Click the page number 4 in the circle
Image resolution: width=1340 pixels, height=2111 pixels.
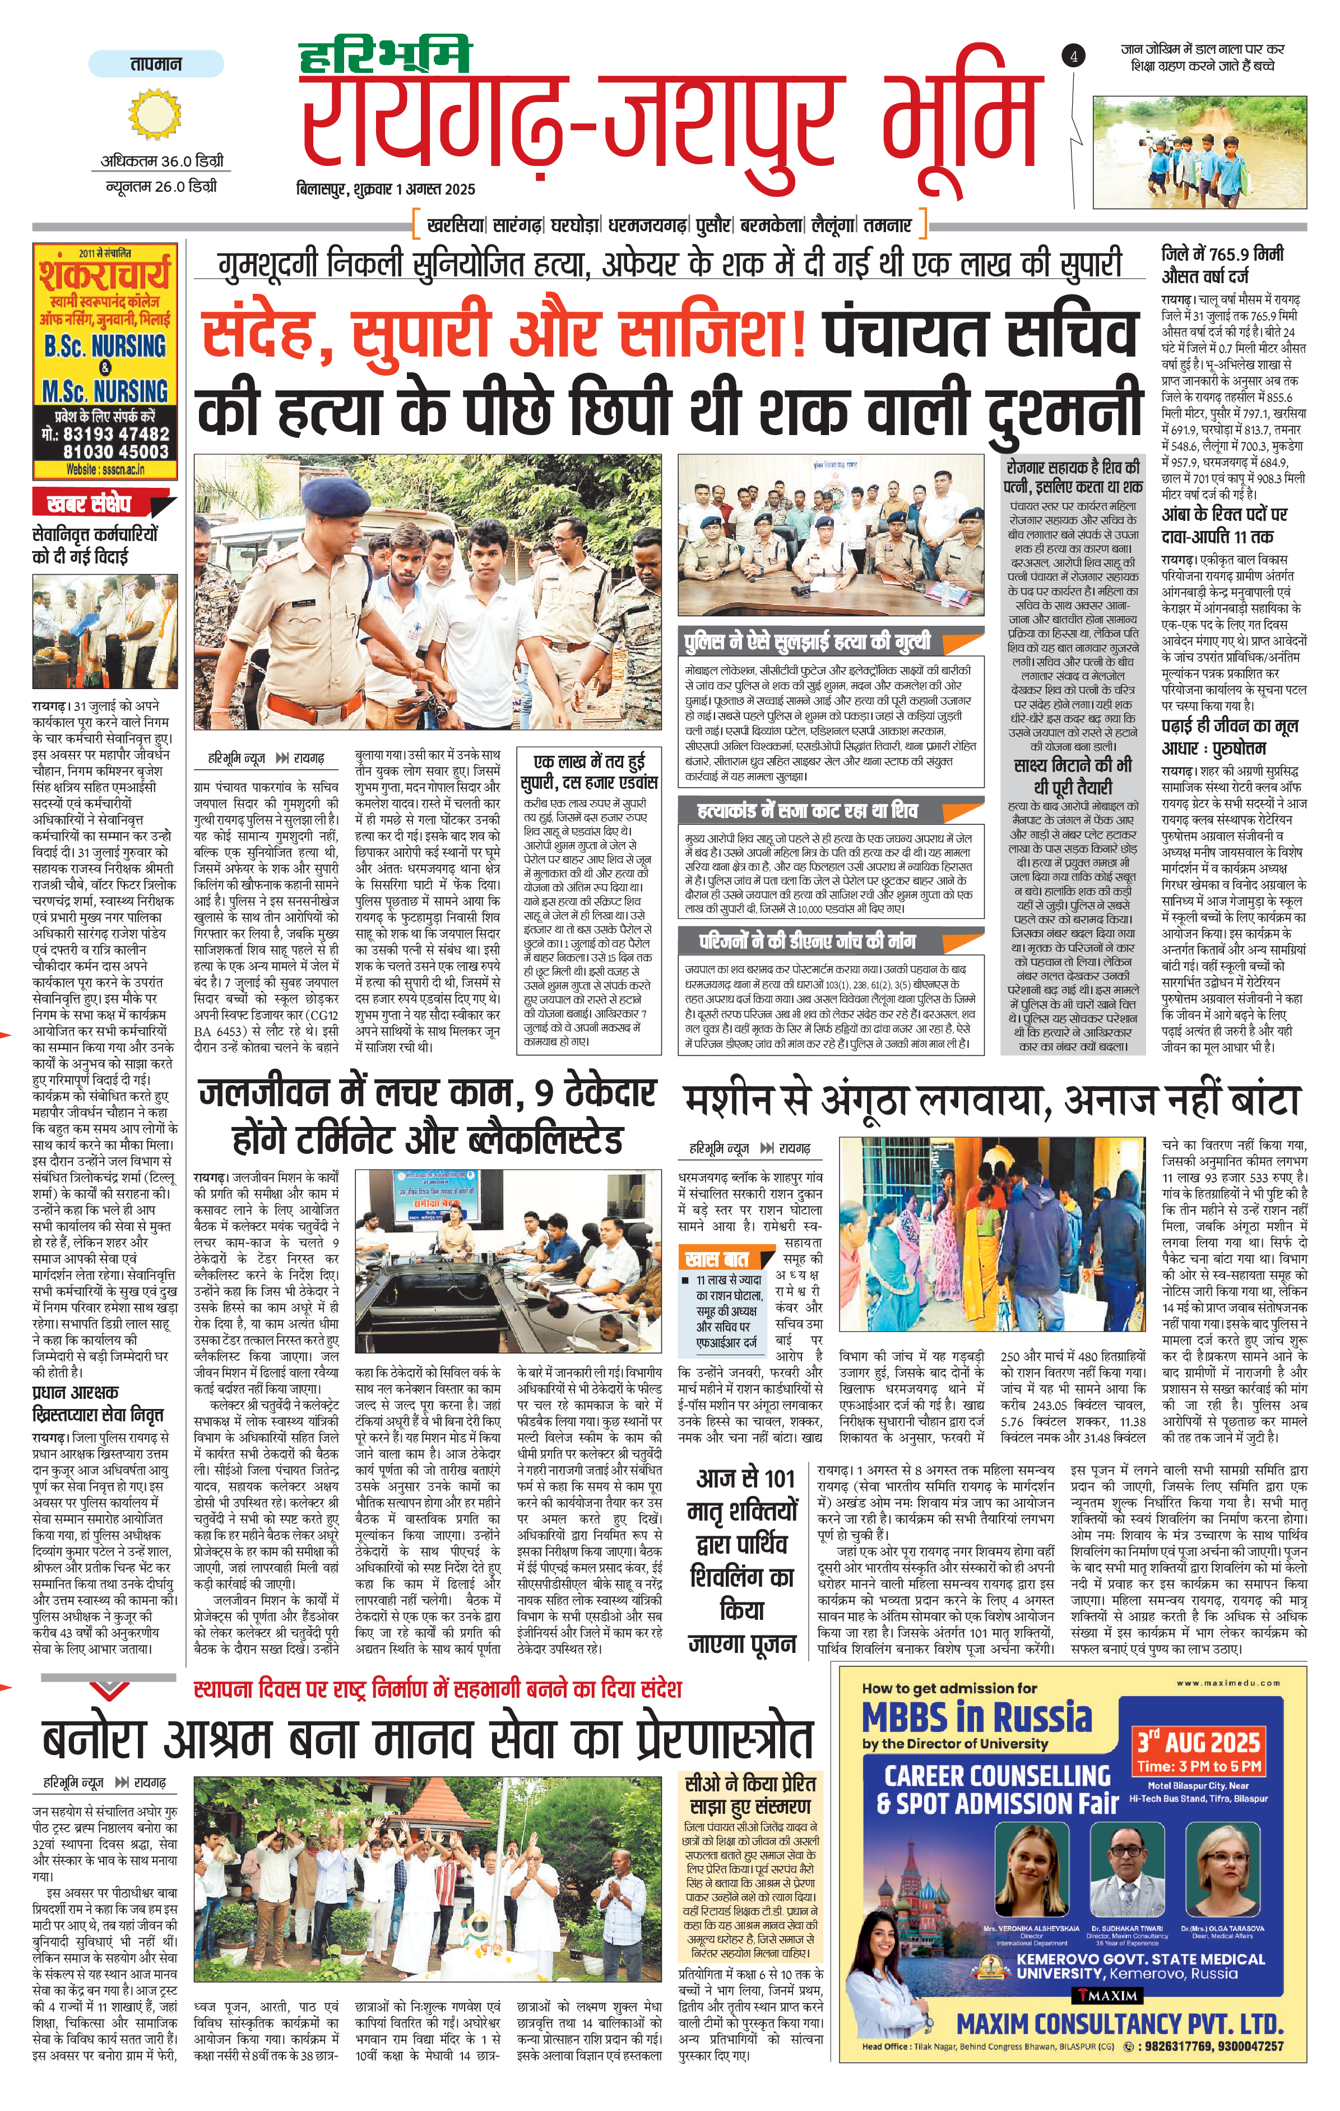(x=1074, y=56)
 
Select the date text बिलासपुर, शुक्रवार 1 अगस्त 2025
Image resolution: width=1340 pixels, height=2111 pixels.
(x=386, y=188)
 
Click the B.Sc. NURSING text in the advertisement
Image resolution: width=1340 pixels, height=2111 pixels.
(x=106, y=347)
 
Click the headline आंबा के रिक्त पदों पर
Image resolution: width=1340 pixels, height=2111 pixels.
(x=1223, y=515)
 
